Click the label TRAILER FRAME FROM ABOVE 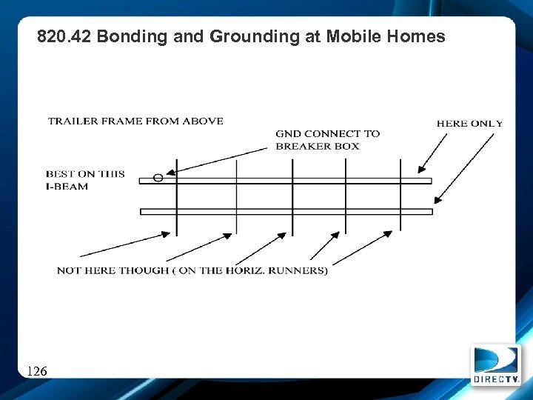pos(135,121)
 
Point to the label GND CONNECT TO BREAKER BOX pos(327,139)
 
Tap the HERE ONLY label pos(469,124)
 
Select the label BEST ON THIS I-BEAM pos(85,180)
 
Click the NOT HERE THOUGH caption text pos(192,270)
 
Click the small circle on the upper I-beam pos(158,178)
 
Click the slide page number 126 pos(37,370)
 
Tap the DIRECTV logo pos(496,365)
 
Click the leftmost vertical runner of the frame pos(176,196)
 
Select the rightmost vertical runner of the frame pos(400,196)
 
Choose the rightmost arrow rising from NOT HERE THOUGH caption pos(363,247)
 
